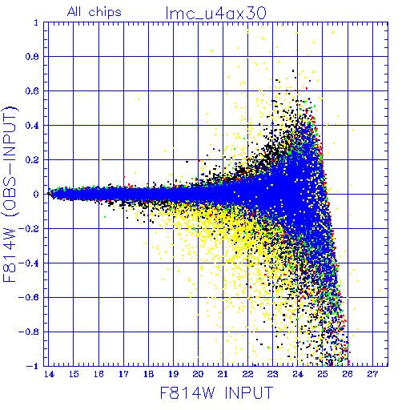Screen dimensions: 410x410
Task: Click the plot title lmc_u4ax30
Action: (216, 14)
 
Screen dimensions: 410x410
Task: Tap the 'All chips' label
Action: (94, 12)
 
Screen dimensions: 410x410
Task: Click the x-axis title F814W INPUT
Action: (217, 392)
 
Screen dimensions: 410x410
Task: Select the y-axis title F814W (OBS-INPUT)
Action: (10, 194)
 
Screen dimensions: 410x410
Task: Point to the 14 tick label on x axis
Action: (49, 374)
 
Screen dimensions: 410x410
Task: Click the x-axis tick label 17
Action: (123, 374)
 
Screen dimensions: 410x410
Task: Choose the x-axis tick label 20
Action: (198, 374)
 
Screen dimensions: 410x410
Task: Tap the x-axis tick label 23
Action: (272, 374)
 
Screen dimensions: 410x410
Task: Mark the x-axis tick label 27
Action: (372, 374)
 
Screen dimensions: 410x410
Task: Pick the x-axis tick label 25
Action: (323, 374)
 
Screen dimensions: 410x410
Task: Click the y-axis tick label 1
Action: (36, 22)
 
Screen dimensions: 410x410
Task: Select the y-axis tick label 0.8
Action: (32, 57)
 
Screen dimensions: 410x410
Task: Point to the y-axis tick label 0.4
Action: (32, 126)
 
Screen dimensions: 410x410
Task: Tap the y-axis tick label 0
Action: (36, 195)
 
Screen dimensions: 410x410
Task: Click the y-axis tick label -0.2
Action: (29, 229)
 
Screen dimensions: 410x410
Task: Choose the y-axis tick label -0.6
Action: (29, 297)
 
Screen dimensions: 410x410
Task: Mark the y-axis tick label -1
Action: (33, 366)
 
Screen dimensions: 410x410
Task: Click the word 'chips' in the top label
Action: (105, 13)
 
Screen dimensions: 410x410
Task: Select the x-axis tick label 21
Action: (223, 374)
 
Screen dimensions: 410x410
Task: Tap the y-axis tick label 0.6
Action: (32, 91)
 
